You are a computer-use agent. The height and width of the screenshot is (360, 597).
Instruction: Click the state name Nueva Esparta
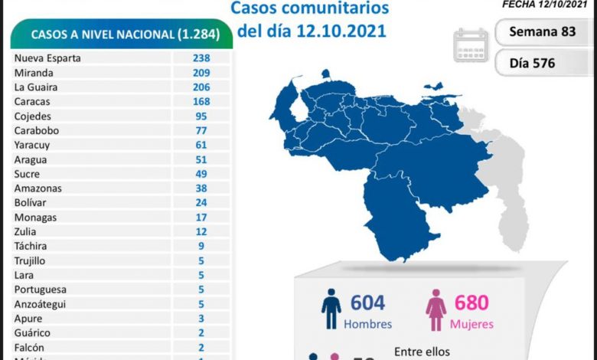(47, 58)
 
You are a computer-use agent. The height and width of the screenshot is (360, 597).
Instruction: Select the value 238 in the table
(202, 58)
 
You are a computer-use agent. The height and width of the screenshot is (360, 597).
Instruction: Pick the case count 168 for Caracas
(202, 102)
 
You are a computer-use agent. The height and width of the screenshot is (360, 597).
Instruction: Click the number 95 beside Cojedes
(202, 116)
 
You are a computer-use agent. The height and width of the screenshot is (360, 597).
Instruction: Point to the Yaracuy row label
(32, 145)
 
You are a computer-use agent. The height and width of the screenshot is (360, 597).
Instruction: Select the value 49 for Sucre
(202, 174)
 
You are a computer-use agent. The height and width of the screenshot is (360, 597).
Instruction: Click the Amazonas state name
(38, 188)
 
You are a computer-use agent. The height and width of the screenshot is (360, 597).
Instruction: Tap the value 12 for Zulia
(202, 231)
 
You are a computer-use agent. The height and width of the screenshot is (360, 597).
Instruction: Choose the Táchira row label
(31, 246)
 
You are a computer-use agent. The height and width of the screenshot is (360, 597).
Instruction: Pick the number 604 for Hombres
(367, 303)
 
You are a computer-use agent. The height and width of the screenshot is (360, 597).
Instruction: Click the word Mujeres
(471, 324)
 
